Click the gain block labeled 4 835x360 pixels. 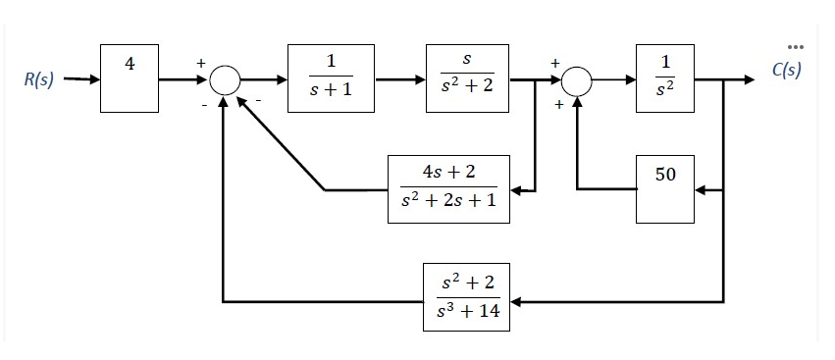point(130,78)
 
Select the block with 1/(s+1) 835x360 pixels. point(331,78)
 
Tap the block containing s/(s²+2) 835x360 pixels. point(467,78)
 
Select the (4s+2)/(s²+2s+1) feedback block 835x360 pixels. point(448,187)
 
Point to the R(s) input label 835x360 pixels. point(38,79)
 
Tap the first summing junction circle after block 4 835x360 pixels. point(225,79)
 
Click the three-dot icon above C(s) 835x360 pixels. point(795,45)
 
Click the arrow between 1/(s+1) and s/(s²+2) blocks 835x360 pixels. point(399,79)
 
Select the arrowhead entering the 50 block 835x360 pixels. point(702,187)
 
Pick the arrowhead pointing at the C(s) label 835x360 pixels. point(751,79)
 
